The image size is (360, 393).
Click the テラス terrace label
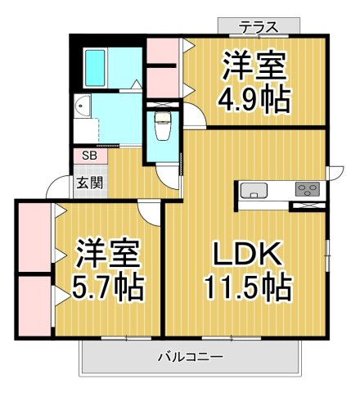pos(259,27)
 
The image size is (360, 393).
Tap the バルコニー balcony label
pos(191,357)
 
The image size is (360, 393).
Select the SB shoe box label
pos(89,156)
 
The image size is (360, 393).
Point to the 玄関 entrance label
pos(90,183)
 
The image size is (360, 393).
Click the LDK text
pos(248,254)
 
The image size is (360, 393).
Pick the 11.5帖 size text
pos(249,287)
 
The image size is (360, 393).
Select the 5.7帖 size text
pos(107,287)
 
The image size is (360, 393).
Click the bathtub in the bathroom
pos(95,68)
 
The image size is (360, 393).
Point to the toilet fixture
pos(163,125)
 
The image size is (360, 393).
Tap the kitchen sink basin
pos(254,191)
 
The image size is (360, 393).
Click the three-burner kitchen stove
pos(308,189)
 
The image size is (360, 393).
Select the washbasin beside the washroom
pos(82,106)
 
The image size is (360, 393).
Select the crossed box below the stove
pos(308,206)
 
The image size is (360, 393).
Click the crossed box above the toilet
pos(163,105)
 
